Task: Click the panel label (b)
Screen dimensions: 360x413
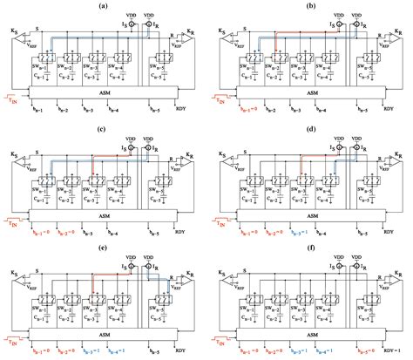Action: tap(310, 6)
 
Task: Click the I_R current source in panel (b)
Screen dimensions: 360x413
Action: tap(355, 27)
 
